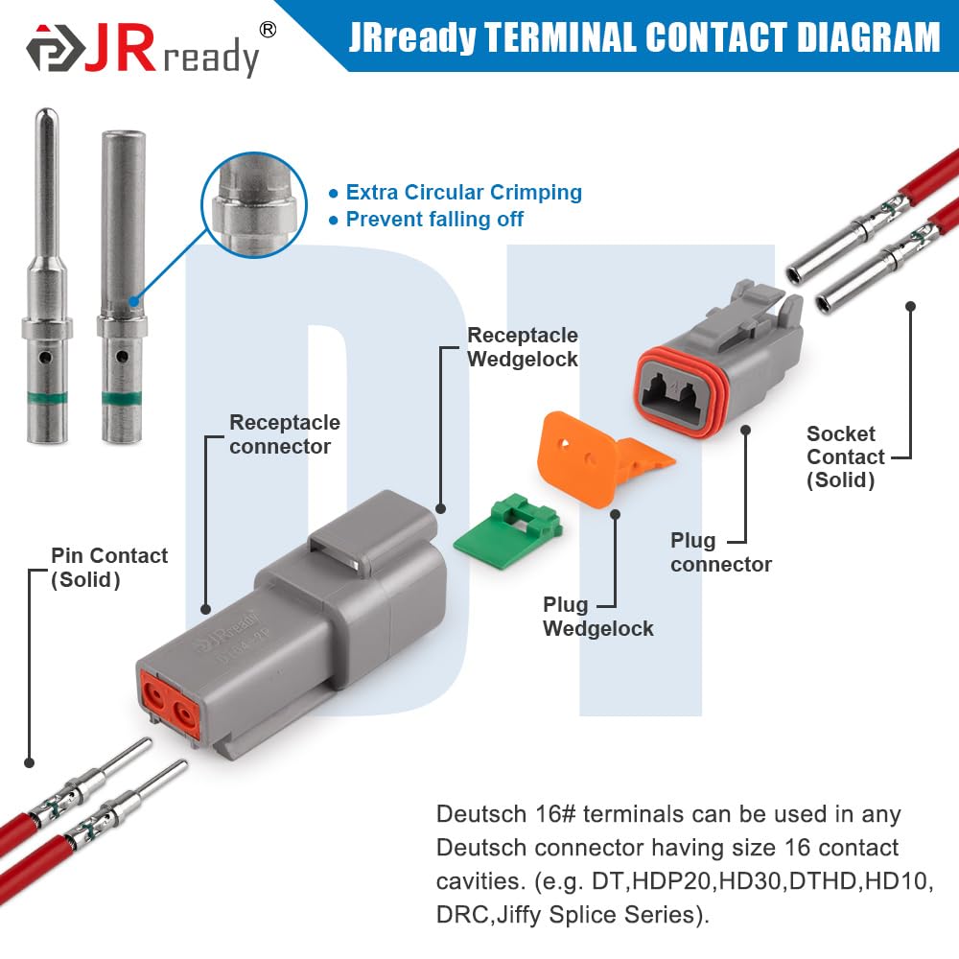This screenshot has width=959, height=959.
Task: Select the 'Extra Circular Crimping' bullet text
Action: tap(463, 192)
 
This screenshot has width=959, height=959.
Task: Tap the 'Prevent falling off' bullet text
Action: tap(434, 220)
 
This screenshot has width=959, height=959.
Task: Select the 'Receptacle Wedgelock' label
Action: tap(522, 347)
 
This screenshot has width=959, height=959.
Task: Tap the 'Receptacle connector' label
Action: tap(284, 434)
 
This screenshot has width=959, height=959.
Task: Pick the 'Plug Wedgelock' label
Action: tap(597, 617)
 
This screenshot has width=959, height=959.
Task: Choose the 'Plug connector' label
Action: tap(720, 552)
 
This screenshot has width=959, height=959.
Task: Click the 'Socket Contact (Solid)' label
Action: tap(845, 457)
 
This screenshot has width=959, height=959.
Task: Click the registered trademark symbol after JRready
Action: tap(269, 30)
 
